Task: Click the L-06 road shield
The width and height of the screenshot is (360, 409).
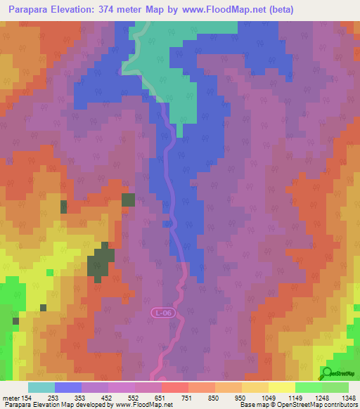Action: click(x=162, y=312)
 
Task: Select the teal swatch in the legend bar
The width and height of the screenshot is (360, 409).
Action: click(x=41, y=387)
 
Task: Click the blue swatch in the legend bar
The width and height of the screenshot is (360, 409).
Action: click(x=68, y=387)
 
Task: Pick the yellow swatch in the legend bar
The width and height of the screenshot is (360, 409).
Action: click(x=281, y=387)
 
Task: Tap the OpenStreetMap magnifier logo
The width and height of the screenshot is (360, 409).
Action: click(x=326, y=372)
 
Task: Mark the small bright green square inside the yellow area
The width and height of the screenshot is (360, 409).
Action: click(x=49, y=272)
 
